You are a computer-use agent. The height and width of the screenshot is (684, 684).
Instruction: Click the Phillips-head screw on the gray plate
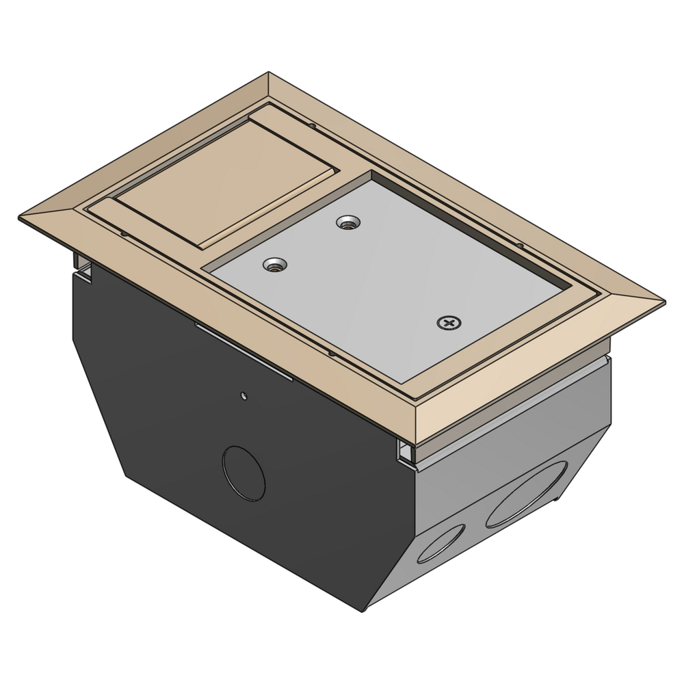coord(449,322)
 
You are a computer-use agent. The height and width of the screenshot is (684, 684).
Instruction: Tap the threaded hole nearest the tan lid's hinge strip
coord(276,264)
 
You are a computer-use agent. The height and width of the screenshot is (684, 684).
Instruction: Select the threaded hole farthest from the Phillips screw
coord(276,264)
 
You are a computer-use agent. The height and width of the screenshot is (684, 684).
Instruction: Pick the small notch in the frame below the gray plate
coord(330,354)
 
